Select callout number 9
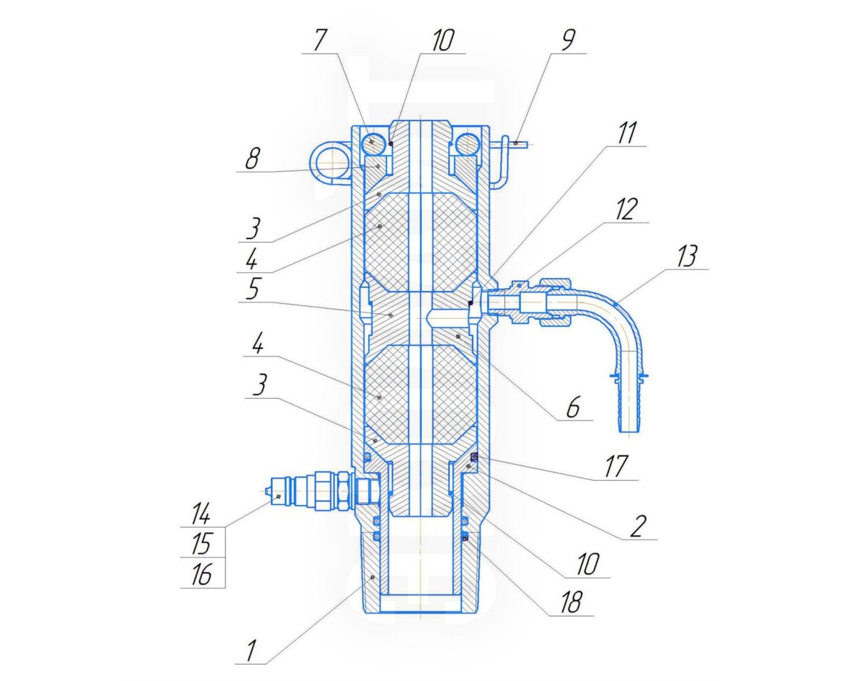[x=567, y=40]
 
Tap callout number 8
[x=252, y=158]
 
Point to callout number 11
[x=626, y=133]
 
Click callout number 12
[x=626, y=209]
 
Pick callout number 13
[x=687, y=256]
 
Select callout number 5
[x=252, y=289]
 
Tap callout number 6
[x=573, y=407]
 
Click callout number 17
[x=615, y=467]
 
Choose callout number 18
[x=571, y=601]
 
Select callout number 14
[x=200, y=514]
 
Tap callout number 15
[x=201, y=544]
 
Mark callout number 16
[x=201, y=575]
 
